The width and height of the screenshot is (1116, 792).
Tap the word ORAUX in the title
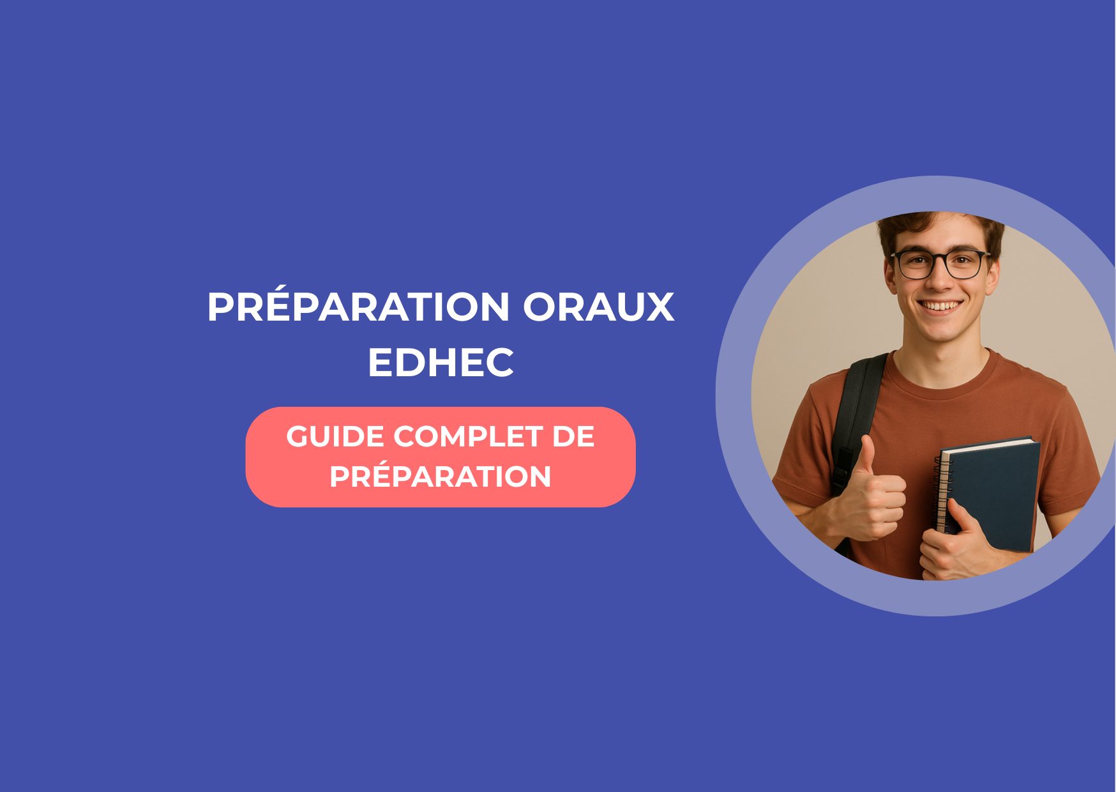tap(599, 307)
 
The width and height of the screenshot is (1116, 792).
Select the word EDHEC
tap(441, 363)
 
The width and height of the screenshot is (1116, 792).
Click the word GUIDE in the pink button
tap(335, 437)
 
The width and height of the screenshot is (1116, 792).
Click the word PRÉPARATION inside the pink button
tap(441, 476)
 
